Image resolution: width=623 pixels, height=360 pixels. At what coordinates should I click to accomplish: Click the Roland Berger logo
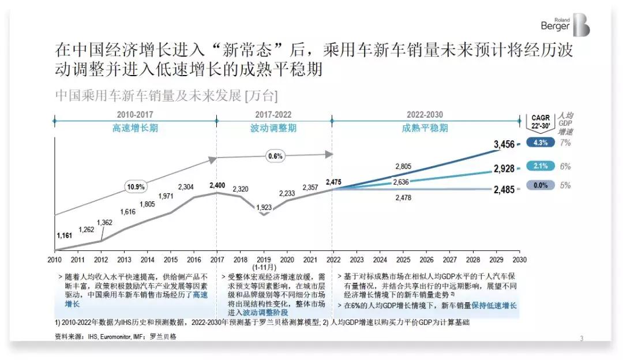(x=565, y=25)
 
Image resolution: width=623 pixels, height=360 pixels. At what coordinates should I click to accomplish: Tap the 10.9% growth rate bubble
(x=136, y=187)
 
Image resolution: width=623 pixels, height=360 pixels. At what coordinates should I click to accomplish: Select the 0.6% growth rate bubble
(x=275, y=156)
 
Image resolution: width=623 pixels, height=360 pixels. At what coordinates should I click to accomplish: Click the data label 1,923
(x=264, y=208)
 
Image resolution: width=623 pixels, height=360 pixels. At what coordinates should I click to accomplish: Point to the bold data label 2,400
(x=217, y=185)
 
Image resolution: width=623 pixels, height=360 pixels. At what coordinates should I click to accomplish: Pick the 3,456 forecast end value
(x=504, y=144)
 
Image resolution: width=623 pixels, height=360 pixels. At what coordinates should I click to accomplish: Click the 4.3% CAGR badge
(x=541, y=142)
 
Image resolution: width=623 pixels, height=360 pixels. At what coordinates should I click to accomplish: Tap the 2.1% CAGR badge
(x=541, y=166)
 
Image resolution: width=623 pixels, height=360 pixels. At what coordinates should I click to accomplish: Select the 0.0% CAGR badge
(x=541, y=185)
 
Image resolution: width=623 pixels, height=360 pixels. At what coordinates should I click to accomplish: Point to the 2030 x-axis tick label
(x=519, y=260)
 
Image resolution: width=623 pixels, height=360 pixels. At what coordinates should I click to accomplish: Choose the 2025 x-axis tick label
(x=403, y=260)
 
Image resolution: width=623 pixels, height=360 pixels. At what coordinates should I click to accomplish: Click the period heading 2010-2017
(x=134, y=115)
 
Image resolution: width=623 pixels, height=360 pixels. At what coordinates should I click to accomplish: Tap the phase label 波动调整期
(x=273, y=128)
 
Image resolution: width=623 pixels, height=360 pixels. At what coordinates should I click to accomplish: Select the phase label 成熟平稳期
(x=425, y=128)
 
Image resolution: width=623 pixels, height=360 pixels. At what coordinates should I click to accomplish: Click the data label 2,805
(x=403, y=167)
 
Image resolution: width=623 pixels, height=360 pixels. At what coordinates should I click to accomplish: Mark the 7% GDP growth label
(x=565, y=142)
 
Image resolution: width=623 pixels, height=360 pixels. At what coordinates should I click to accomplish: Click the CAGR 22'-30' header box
(x=541, y=122)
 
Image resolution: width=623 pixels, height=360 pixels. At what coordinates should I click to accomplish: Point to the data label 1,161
(x=65, y=235)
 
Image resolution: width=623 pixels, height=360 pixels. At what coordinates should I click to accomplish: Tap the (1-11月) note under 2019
(x=264, y=268)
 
